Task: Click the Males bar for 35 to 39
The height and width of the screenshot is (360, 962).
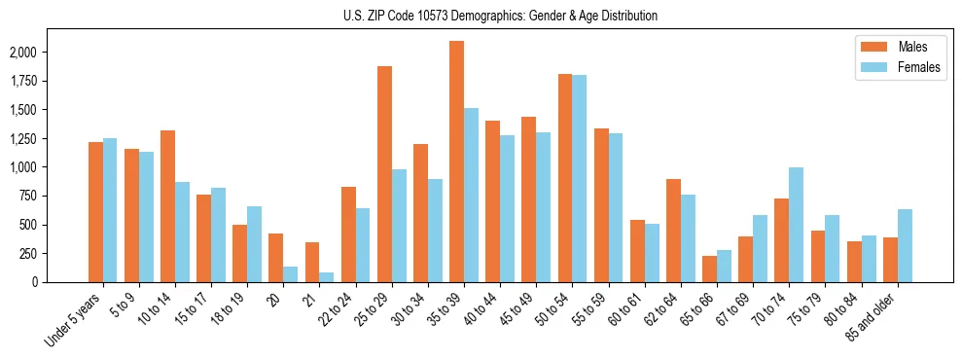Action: (x=456, y=162)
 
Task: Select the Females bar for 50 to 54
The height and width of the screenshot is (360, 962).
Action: (x=579, y=178)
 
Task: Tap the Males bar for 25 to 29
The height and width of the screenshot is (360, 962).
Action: (x=384, y=174)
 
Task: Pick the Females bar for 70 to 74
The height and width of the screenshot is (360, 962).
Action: (x=796, y=225)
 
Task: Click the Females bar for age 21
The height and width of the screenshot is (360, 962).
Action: (x=326, y=277)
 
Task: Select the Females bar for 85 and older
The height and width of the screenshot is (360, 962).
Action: (x=905, y=245)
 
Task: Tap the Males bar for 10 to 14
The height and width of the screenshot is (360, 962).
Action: (x=167, y=206)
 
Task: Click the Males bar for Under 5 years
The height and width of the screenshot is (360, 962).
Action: (x=95, y=212)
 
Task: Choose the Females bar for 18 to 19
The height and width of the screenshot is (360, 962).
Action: (x=254, y=244)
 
